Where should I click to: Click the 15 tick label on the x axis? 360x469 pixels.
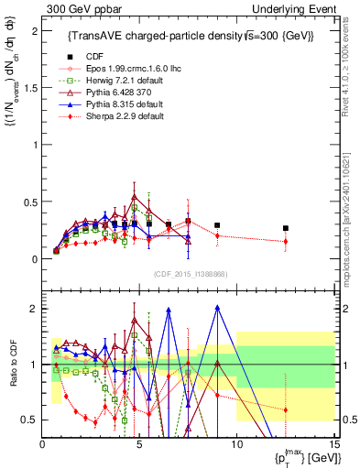pyautogui.click(x=333, y=445)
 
